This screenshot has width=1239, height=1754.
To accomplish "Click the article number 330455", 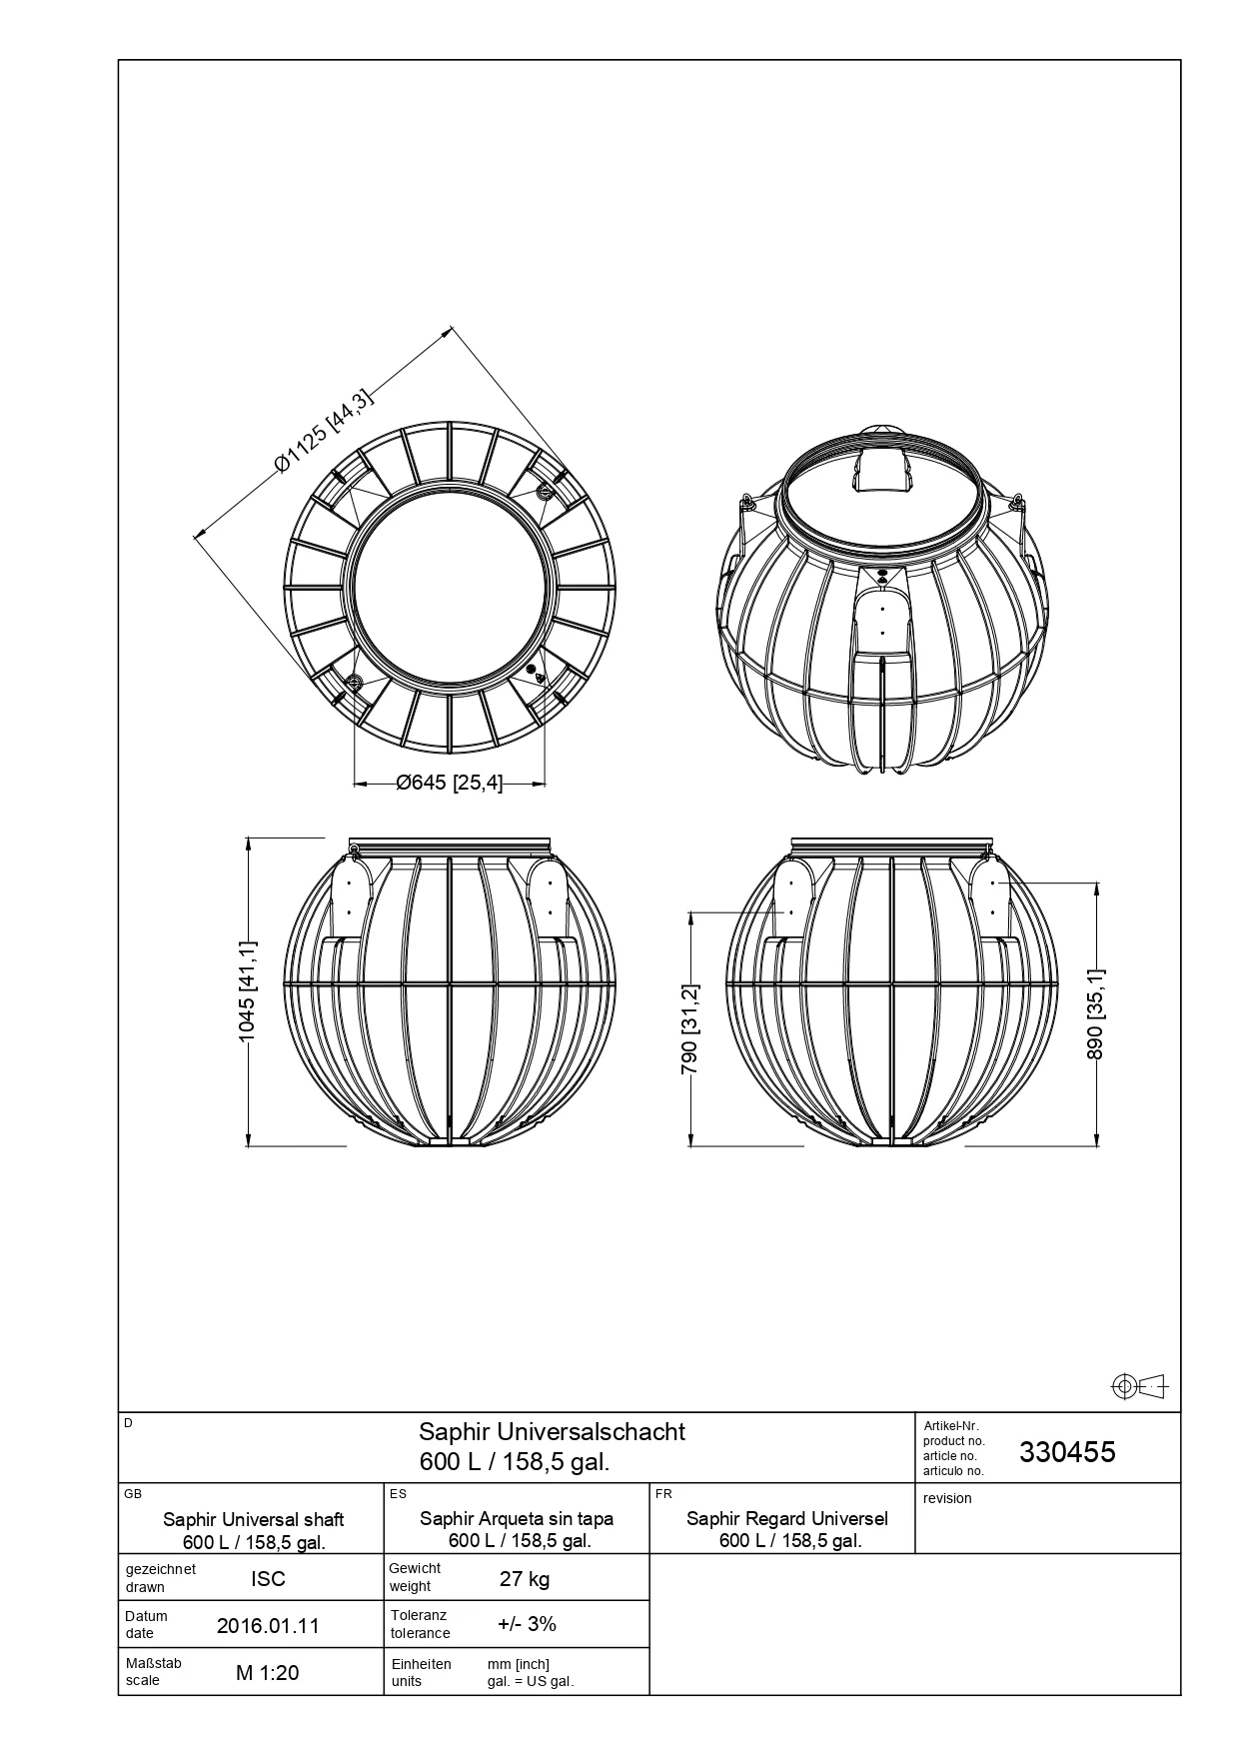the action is click(x=1067, y=1452).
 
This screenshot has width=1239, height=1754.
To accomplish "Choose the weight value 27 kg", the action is click(x=525, y=1579).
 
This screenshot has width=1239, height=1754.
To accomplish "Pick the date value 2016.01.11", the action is click(x=268, y=1626).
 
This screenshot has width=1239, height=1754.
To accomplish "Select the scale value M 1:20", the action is click(x=268, y=1673).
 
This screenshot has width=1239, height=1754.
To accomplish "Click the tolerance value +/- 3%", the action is click(x=527, y=1624).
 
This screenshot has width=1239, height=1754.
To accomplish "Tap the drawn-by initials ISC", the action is click(x=268, y=1579).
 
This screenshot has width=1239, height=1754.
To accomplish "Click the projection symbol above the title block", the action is click(x=1140, y=1386).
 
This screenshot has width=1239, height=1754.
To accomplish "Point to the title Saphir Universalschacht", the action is click(x=552, y=1431).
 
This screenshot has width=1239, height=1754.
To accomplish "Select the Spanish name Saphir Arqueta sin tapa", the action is click(x=517, y=1519).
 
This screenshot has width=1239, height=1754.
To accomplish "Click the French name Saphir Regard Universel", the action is click(x=787, y=1519).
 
